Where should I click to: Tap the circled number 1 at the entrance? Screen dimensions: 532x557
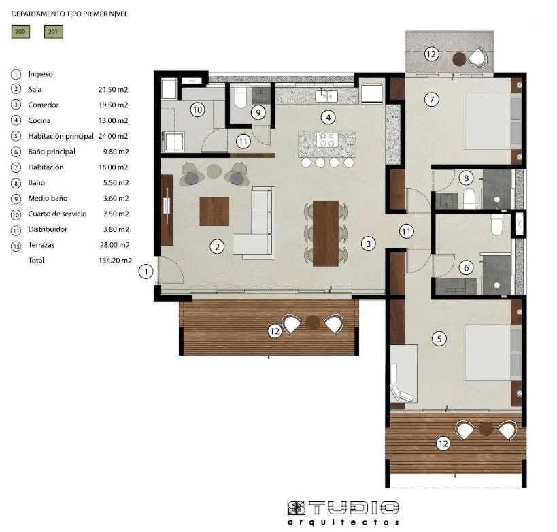pos(146,272)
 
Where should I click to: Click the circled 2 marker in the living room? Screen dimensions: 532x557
pos(217,246)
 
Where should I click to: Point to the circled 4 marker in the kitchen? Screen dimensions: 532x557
pos(328,117)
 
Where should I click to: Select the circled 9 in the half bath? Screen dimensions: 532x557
pos(258,112)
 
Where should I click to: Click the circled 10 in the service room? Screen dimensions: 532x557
pos(197,109)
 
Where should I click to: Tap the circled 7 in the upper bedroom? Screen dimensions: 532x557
pos(431,99)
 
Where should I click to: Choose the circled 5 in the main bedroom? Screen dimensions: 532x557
pos(439,337)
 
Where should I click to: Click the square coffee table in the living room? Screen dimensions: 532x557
pos(214,211)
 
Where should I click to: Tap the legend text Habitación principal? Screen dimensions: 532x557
pos(61,136)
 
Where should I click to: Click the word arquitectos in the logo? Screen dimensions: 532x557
pos(343,522)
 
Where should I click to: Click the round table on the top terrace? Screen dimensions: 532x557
pos(459,59)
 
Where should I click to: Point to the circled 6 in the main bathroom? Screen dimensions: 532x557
pos(466,268)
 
